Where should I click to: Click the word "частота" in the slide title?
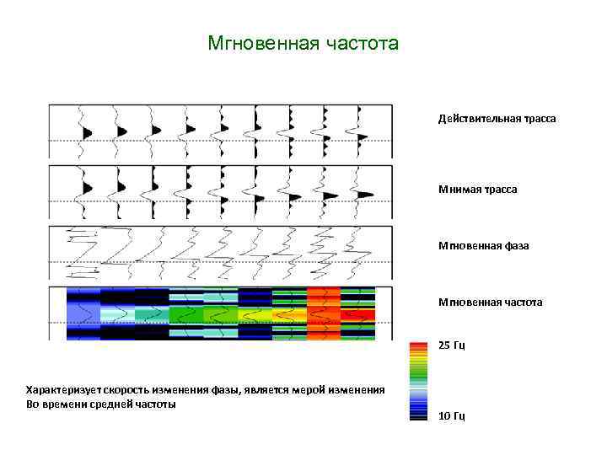pyautogui.click(x=363, y=43)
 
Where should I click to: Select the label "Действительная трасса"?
pyautogui.click(x=497, y=119)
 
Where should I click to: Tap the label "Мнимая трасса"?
pyautogui.click(x=477, y=190)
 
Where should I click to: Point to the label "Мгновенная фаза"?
pyautogui.click(x=483, y=247)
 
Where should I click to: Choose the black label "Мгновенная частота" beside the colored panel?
pyautogui.click(x=490, y=302)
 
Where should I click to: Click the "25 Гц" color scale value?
pyautogui.click(x=452, y=345)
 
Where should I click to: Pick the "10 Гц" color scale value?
pyautogui.click(x=452, y=415)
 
